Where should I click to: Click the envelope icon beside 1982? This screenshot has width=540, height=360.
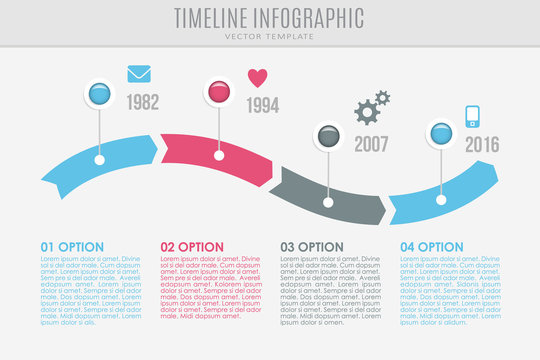[139, 73]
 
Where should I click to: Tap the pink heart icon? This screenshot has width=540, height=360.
[258, 77]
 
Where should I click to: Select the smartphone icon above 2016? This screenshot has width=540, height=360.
[474, 116]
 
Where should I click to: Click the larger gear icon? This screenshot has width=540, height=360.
[367, 111]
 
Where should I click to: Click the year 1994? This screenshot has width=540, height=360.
[262, 104]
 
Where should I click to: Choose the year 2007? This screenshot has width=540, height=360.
[372, 144]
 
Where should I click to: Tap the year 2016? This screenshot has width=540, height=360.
[482, 143]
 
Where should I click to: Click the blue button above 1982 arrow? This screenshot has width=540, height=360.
[99, 94]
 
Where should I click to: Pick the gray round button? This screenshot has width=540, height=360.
[329, 135]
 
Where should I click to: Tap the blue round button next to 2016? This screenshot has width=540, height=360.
[440, 132]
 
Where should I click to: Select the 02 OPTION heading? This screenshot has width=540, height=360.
[192, 246]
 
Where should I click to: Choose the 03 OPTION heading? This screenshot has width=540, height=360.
[312, 246]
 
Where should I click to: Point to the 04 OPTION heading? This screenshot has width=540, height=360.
[433, 246]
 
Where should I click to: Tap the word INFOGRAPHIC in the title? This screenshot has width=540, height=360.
[310, 17]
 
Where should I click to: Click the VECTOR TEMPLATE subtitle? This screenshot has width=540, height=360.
[269, 36]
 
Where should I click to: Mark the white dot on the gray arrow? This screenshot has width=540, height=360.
[329, 203]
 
